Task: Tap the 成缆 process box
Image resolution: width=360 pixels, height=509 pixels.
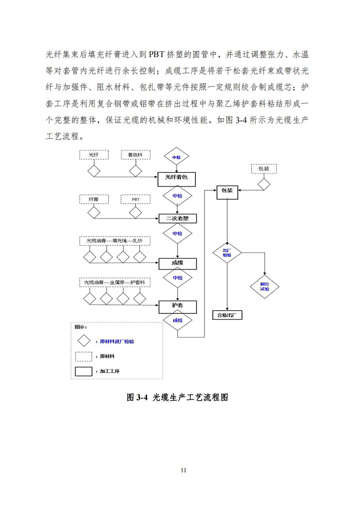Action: (x=177, y=262)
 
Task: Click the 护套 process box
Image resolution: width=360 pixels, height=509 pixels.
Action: (x=177, y=306)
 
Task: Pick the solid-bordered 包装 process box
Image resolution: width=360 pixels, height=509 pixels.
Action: (x=227, y=191)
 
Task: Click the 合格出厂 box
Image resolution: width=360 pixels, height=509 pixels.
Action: (x=227, y=315)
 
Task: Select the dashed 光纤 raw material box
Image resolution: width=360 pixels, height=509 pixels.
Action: (x=94, y=155)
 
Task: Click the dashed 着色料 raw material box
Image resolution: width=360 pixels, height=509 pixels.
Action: (x=135, y=155)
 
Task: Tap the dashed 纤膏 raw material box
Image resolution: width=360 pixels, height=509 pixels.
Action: (x=94, y=198)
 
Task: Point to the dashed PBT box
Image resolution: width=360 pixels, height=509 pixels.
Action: (x=135, y=198)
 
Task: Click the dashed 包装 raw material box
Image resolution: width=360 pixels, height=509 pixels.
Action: (x=263, y=169)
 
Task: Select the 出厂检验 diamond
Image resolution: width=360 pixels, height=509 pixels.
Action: (x=227, y=252)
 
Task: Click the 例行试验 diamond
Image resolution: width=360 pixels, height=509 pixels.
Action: (x=265, y=286)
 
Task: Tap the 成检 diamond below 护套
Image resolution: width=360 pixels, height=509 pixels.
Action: (x=177, y=320)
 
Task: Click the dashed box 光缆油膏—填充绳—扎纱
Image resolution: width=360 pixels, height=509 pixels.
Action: (x=114, y=241)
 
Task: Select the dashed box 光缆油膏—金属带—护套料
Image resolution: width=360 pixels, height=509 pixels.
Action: (x=114, y=282)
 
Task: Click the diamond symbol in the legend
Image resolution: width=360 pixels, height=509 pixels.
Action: (x=84, y=341)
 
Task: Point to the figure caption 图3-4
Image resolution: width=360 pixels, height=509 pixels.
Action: (x=179, y=397)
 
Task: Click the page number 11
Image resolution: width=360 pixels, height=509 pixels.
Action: (x=183, y=470)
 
